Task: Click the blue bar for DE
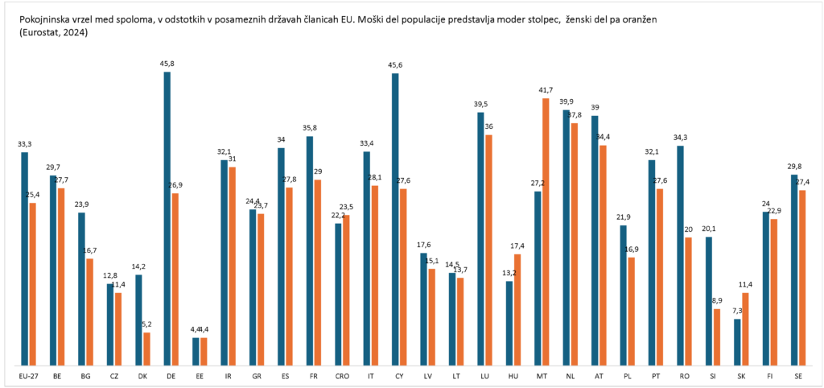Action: [167, 217]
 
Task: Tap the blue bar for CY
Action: [395, 218]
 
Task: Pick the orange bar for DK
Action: [146, 349]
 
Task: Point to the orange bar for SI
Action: [717, 336]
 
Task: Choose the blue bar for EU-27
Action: [25, 258]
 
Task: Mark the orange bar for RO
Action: [688, 300]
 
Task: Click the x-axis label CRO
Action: [342, 376]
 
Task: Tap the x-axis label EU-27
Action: [28, 376]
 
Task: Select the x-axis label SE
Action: [798, 376]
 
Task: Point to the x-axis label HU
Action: [513, 376]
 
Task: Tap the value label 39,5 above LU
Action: [481, 105]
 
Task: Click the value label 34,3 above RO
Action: [681, 138]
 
